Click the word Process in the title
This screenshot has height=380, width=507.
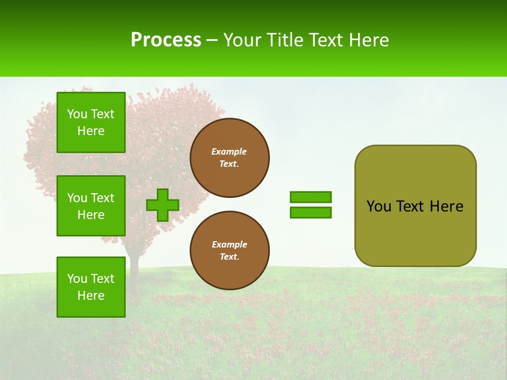tap(166, 40)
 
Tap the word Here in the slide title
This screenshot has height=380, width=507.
tap(370, 40)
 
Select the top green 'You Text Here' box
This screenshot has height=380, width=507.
tap(91, 122)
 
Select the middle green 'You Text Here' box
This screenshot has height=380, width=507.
tap(91, 206)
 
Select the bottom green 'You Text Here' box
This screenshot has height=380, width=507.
tap(91, 287)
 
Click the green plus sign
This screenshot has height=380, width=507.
tap(163, 205)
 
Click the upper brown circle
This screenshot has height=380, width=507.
tap(230, 158)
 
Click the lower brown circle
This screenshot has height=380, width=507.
tap(230, 251)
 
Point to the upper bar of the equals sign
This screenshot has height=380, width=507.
tap(311, 197)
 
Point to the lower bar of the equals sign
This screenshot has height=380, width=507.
tap(311, 213)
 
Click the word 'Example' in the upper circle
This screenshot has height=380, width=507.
tap(229, 151)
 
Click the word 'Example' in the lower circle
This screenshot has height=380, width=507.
tap(229, 244)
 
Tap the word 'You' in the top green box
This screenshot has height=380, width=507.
tap(77, 114)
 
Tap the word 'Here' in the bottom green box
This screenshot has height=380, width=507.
tap(91, 296)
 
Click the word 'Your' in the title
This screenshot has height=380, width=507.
tap(241, 40)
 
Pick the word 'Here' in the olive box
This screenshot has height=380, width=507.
tap(446, 206)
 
